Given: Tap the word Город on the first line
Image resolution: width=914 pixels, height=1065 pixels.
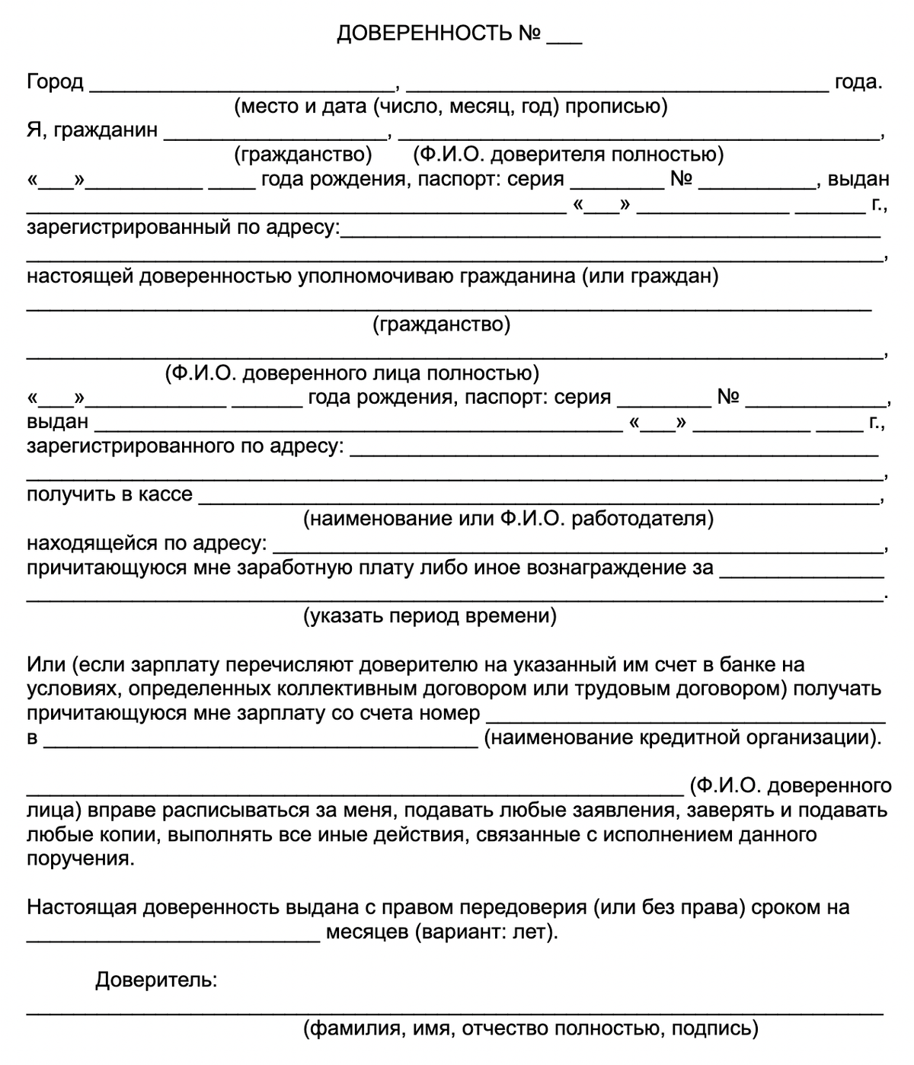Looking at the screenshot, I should click(55, 82).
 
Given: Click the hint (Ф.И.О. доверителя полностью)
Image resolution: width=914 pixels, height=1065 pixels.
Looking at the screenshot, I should click(568, 155).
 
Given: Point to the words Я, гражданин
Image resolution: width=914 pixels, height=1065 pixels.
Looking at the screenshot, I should click(92, 130).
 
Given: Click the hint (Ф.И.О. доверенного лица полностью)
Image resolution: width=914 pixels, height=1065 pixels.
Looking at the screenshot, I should click(352, 374).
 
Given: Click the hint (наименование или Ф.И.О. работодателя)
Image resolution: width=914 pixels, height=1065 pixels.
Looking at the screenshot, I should click(508, 520).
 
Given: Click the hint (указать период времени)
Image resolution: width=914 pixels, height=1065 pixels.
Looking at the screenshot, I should click(430, 616).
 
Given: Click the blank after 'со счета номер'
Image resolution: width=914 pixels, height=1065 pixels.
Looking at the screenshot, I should click(685, 716).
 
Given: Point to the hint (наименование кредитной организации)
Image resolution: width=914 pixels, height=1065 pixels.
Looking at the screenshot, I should click(682, 737).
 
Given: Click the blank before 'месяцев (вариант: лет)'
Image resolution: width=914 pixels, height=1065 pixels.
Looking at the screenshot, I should click(173, 935).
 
